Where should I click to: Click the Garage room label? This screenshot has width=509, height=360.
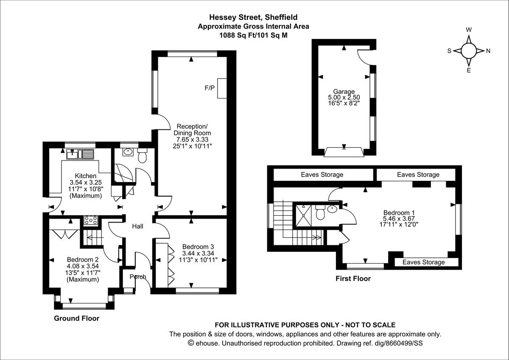click(x=344, y=91)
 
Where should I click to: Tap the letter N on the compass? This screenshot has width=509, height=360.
click(x=488, y=51)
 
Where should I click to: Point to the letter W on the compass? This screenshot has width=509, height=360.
click(x=469, y=30)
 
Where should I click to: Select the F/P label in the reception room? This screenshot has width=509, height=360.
click(x=210, y=88)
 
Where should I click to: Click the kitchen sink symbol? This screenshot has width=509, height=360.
click(x=79, y=154)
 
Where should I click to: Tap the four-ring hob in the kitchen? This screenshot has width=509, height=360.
click(x=91, y=220)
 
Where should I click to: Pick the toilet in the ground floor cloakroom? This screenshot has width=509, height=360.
click(x=142, y=156)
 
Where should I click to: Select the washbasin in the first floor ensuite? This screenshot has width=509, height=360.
click(x=332, y=209)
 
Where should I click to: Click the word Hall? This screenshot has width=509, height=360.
click(x=137, y=227)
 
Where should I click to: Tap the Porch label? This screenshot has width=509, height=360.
click(x=138, y=277)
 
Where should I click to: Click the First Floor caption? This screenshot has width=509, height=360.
click(x=353, y=279)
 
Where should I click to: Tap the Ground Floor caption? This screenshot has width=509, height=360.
click(x=77, y=318)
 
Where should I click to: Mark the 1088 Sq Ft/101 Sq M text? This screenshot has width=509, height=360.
click(x=253, y=36)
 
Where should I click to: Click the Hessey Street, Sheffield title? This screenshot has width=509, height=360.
click(x=253, y=17)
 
